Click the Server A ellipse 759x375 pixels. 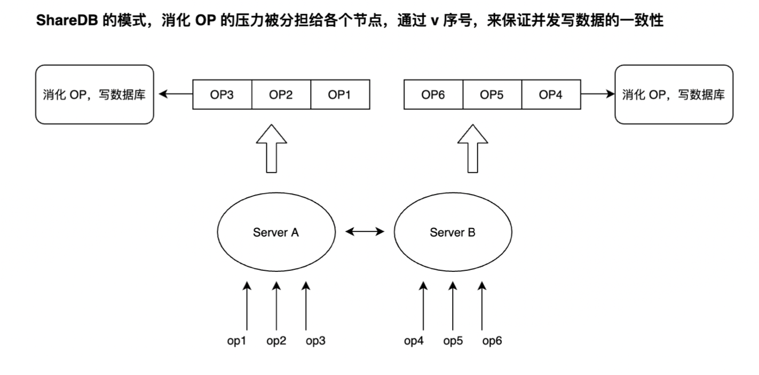point(276,232)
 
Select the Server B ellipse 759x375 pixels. point(453,232)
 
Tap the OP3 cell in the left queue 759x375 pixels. point(222,95)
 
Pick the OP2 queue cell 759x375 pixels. point(280,95)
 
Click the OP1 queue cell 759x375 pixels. point(339,95)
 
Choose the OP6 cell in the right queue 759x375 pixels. point(433,95)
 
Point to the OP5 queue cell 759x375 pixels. point(492,95)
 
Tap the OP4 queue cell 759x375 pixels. point(551,95)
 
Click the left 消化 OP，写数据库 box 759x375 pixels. point(94,95)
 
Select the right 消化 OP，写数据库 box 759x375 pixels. point(673,95)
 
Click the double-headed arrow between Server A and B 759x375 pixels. point(365,232)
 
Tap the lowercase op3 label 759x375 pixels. point(315,341)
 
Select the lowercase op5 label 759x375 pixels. point(453,341)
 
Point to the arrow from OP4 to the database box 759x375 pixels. point(597,95)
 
